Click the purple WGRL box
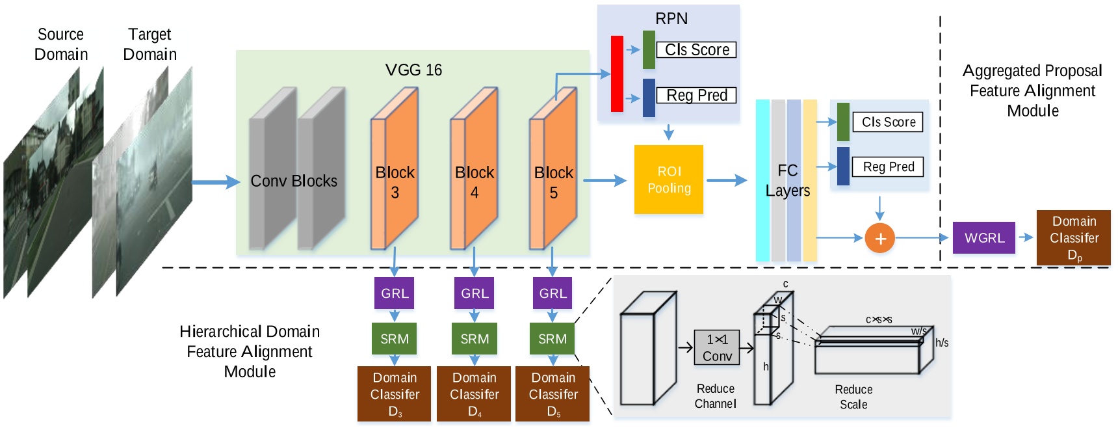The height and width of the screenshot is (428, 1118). pyautogui.click(x=983, y=238)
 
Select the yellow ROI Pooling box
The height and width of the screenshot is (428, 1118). pyautogui.click(x=668, y=180)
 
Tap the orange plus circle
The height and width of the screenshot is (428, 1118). pyautogui.click(x=879, y=238)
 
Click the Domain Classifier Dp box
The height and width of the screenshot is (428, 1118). pyautogui.click(x=1073, y=238)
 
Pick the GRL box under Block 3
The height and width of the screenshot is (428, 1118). pyautogui.click(x=394, y=293)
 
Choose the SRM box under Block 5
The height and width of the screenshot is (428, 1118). pyautogui.click(x=552, y=339)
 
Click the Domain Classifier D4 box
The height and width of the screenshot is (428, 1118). pyautogui.click(x=474, y=394)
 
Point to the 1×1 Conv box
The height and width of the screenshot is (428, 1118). pyautogui.click(x=717, y=347)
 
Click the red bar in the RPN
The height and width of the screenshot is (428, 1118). pyautogui.click(x=617, y=74)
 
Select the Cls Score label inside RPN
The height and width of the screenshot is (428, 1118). pyautogui.click(x=696, y=50)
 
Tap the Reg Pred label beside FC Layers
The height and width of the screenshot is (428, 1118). pyautogui.click(x=888, y=167)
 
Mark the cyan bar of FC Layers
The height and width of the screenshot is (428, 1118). pyautogui.click(x=762, y=180)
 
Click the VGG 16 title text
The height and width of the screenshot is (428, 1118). pyautogui.click(x=413, y=70)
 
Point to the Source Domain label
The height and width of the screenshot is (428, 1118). pyautogui.click(x=60, y=44)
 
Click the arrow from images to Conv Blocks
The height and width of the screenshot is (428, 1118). pyautogui.click(x=216, y=182)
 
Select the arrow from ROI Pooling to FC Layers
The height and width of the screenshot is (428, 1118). pyautogui.click(x=727, y=180)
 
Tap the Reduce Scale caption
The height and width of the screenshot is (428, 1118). pyautogui.click(x=853, y=397)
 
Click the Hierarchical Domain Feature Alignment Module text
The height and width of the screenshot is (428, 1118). pyautogui.click(x=250, y=351)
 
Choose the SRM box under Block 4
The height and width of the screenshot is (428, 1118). pyautogui.click(x=474, y=339)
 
